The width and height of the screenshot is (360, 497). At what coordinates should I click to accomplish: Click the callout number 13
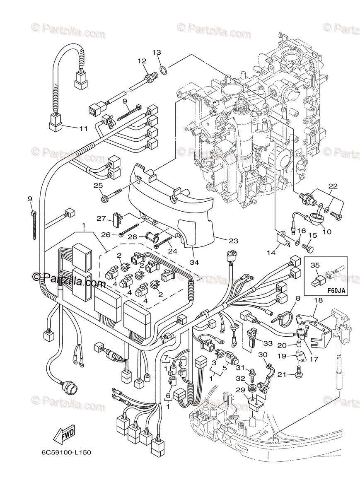click(x=156, y=53)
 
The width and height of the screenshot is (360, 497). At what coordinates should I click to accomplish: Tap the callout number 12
click(x=142, y=61)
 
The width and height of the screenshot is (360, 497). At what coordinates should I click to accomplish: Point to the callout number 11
click(x=83, y=128)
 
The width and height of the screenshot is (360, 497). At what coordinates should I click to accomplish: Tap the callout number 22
click(x=333, y=186)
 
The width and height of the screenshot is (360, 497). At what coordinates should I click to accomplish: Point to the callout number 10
click(x=327, y=232)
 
